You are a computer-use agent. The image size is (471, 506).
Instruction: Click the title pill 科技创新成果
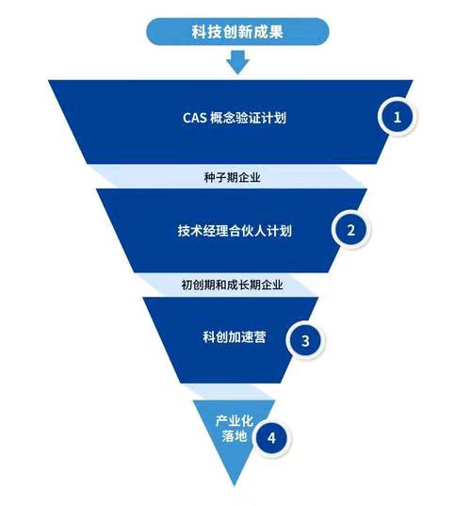237,32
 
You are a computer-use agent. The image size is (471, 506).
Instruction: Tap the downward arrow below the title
237,62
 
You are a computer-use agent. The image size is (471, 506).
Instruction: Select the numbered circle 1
397,117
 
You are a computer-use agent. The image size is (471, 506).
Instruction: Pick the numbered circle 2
350,229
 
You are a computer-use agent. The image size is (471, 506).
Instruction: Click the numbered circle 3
303,339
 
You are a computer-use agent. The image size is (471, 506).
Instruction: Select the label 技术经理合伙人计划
234,230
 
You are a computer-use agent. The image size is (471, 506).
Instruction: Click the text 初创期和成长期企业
232,284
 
